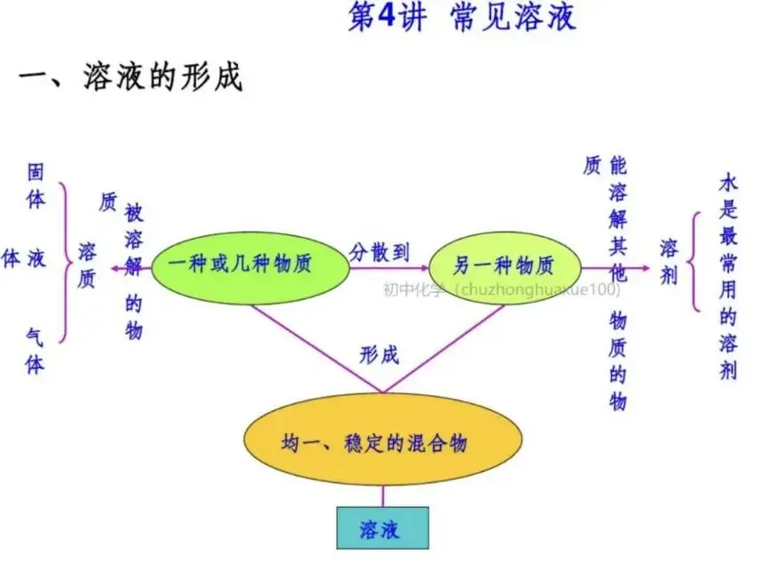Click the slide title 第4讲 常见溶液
(461, 18)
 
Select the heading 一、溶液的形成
(130, 77)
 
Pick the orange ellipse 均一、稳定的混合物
(382, 441)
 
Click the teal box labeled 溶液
(382, 528)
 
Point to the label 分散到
(380, 251)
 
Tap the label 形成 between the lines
(380, 355)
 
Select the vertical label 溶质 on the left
(87, 264)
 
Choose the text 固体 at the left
(35, 185)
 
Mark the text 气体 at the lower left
(35, 350)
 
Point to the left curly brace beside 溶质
(65, 263)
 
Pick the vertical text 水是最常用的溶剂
(728, 277)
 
